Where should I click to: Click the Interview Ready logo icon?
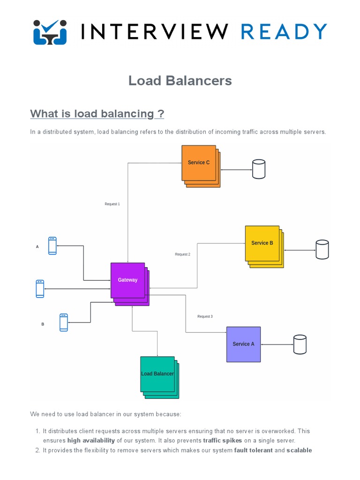pos(50,32)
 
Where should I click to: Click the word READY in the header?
pos(284,32)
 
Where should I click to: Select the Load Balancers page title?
pos(180,81)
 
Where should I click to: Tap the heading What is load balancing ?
pos(97,114)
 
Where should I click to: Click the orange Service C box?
pos(199,163)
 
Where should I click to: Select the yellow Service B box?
pos(262,243)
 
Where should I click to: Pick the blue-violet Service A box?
pos(243,344)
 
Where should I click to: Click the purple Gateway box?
pos(127,280)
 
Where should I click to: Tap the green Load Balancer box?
pos(157,374)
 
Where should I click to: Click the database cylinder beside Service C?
pos(259,169)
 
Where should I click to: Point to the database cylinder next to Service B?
pos(322,249)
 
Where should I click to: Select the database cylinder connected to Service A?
pos(300,345)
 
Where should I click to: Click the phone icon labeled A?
pos(52,246)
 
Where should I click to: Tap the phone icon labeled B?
pos(64,322)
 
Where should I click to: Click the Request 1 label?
pos(112,204)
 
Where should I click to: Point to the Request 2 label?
pos(182,255)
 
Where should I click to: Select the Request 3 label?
pos(205,317)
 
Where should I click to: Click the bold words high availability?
pos(91,441)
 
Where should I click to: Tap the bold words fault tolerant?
pos(253,450)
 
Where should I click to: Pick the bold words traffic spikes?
pos(223,441)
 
